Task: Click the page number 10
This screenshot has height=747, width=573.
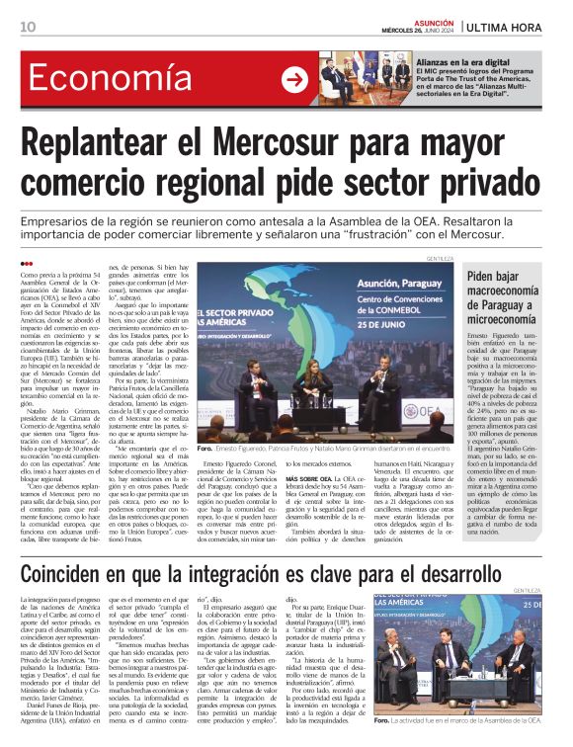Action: tap(28, 27)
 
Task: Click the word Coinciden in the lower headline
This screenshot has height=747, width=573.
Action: tap(78, 574)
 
